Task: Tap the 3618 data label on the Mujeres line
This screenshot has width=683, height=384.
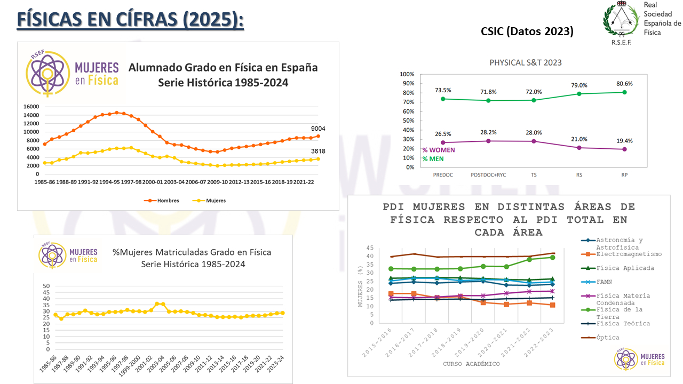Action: coord(318,151)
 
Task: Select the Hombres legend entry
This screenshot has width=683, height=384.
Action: coord(164,201)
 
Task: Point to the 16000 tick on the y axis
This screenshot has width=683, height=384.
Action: coord(31,107)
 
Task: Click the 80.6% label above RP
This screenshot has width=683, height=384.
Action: coord(624,84)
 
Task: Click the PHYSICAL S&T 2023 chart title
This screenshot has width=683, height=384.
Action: coord(526,62)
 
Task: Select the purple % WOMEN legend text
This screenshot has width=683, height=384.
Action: coord(438,150)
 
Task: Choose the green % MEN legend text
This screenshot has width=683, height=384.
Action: coord(433,158)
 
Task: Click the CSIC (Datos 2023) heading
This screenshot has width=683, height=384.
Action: coord(527,31)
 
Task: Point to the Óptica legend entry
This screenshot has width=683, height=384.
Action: coord(608,337)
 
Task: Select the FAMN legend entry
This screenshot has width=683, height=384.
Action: coord(604,282)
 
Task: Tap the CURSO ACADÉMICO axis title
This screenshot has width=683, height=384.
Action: coord(472,364)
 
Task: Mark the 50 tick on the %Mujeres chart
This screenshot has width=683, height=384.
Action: coord(46,286)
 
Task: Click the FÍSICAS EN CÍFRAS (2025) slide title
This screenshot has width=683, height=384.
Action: coord(131,20)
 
